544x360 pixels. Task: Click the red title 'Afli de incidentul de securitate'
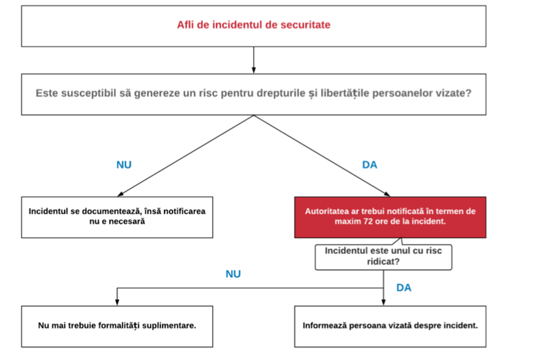254,25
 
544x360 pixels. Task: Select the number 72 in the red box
368,221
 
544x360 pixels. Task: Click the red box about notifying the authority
390,217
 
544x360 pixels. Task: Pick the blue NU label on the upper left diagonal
124,165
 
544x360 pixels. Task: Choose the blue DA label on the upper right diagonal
370,165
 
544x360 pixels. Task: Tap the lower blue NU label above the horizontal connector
233,274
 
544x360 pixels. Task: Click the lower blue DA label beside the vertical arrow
404,287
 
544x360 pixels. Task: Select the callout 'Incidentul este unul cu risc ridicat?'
383,257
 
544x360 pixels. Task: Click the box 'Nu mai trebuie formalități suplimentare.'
117,326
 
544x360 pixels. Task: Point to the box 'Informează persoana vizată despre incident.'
390,326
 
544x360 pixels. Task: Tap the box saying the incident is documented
117,217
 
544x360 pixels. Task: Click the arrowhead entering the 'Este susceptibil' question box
254,70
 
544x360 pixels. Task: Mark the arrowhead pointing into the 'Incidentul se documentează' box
120,194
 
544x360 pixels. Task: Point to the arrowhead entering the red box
387,194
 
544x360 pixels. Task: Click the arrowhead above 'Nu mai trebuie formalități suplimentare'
117,302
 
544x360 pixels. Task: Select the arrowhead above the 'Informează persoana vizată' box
383,302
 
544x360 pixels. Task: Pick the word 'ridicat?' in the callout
383,262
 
